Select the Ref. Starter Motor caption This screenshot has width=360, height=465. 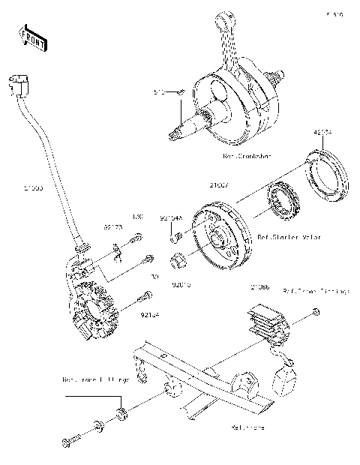click(289, 237)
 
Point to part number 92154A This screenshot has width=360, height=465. click(170, 218)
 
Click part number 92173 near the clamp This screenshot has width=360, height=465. click(112, 225)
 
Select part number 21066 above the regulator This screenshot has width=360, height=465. click(260, 287)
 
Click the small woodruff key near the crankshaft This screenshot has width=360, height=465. click(180, 93)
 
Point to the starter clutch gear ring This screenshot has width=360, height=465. click(283, 202)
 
